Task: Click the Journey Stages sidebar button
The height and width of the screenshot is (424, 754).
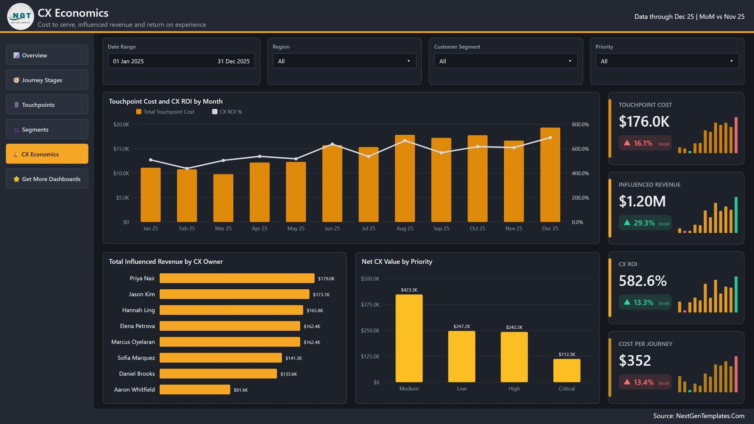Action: (x=47, y=80)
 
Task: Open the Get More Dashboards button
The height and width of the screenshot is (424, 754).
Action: (x=47, y=179)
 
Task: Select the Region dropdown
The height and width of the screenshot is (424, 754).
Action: (x=344, y=61)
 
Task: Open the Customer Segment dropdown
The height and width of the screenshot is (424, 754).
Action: (x=506, y=61)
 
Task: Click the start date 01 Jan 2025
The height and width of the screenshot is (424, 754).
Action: (x=128, y=61)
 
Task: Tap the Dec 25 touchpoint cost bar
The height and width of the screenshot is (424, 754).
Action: (x=550, y=175)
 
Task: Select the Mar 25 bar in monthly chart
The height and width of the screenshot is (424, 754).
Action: (x=223, y=198)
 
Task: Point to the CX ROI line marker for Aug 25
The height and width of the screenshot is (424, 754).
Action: (x=405, y=141)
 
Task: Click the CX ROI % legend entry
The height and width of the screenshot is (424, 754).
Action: (x=227, y=112)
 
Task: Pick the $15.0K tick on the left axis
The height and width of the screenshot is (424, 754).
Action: (x=121, y=149)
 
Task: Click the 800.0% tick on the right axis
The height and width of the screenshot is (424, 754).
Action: (x=580, y=124)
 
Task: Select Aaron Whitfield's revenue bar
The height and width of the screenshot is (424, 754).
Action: (x=195, y=390)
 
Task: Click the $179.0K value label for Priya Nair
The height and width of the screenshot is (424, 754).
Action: (x=326, y=278)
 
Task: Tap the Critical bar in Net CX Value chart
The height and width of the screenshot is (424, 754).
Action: (x=566, y=370)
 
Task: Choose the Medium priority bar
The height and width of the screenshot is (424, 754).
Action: (x=409, y=339)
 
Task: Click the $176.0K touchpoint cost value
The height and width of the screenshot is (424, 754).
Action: (x=644, y=122)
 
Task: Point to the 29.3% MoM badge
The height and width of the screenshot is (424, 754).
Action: (x=645, y=223)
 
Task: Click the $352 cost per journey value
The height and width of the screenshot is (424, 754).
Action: (x=634, y=360)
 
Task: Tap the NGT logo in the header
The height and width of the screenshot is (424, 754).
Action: (x=21, y=16)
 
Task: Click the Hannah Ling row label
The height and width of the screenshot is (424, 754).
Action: (x=139, y=310)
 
